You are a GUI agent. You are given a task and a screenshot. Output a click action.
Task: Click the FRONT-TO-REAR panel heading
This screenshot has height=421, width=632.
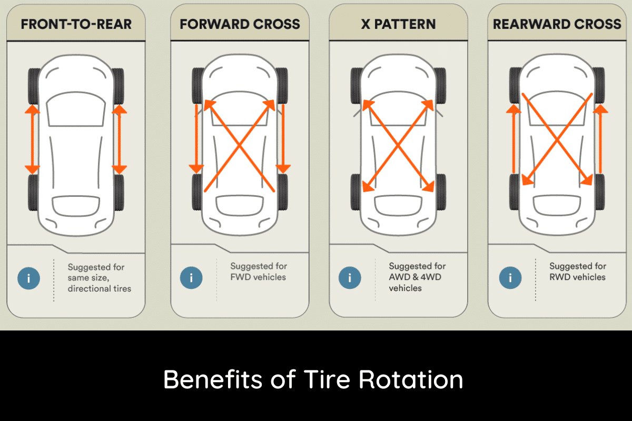pos(76,24)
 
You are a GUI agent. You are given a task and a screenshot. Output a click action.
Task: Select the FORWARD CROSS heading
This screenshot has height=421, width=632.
pos(240,24)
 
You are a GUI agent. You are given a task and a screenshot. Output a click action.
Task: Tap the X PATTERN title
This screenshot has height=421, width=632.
pos(398,24)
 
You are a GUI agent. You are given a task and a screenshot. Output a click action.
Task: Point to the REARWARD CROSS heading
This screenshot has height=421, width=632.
pos(557,24)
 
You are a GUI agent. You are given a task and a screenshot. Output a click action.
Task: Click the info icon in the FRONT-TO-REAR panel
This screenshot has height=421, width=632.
pos(28,278)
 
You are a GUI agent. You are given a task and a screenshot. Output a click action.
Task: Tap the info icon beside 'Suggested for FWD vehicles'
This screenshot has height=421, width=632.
pos(191,277)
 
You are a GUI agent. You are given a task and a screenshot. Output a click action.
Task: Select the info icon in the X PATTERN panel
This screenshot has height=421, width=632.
pos(350,277)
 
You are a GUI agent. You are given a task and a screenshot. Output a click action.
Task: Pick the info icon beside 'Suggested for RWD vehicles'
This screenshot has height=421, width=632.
pos(510,277)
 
